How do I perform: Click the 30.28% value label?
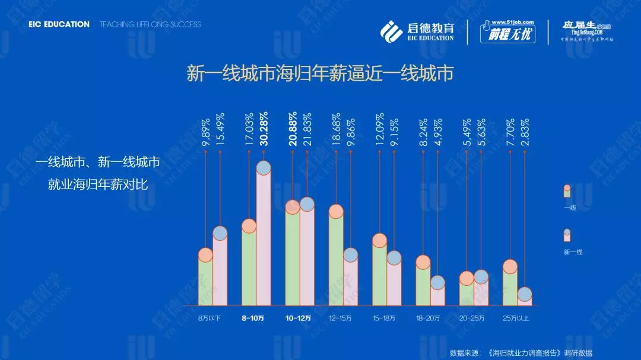pos(264,129)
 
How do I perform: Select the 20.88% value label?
pos(292,129)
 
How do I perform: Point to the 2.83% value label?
pos(525,129)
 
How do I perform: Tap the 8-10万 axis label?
pos(253,318)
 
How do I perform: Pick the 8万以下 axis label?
pos(210,318)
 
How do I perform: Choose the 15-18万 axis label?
pos(383,318)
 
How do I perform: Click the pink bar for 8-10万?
pos(264,237)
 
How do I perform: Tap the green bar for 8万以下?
pos(205,279)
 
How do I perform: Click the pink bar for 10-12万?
pos(307,255)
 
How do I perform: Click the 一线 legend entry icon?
pos(567,191)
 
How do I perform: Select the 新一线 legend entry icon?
pos(567,234)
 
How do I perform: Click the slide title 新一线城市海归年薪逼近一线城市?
pos(320,74)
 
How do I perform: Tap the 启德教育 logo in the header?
pos(418,31)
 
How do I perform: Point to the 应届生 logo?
pos(586,31)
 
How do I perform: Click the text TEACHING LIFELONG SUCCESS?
pos(150,24)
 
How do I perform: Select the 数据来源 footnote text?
pos(521,352)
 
